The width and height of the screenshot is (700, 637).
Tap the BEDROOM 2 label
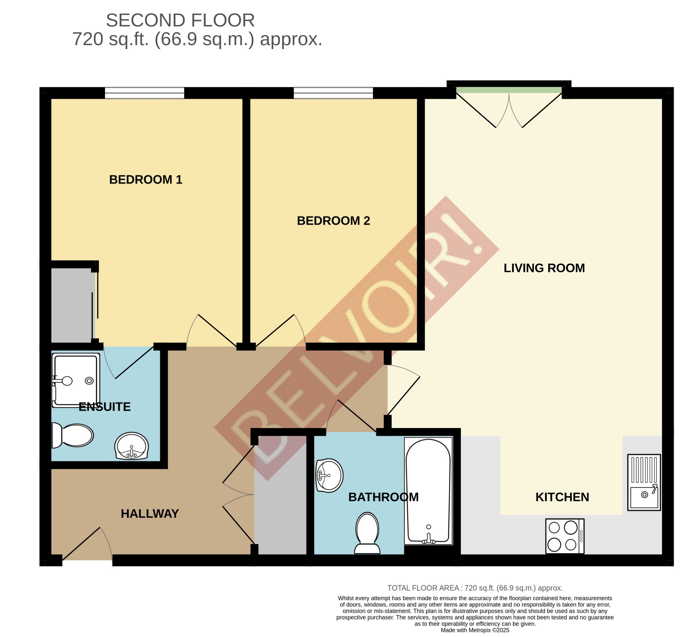click(333, 221)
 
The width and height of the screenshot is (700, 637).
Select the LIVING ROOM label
click(544, 268)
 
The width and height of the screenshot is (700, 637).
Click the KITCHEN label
click(562, 497)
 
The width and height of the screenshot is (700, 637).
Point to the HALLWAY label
click(150, 514)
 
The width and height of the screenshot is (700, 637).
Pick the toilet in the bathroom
click(367, 533)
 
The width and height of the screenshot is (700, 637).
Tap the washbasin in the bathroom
click(329, 475)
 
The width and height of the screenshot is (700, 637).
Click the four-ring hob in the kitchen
click(565, 536)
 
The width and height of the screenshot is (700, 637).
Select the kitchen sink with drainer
click(644, 482)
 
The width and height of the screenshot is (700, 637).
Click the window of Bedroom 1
click(144, 93)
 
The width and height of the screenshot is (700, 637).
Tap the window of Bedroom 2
click(333, 93)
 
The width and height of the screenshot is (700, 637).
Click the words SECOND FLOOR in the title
click(180, 20)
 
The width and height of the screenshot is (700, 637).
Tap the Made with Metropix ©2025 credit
click(475, 630)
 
